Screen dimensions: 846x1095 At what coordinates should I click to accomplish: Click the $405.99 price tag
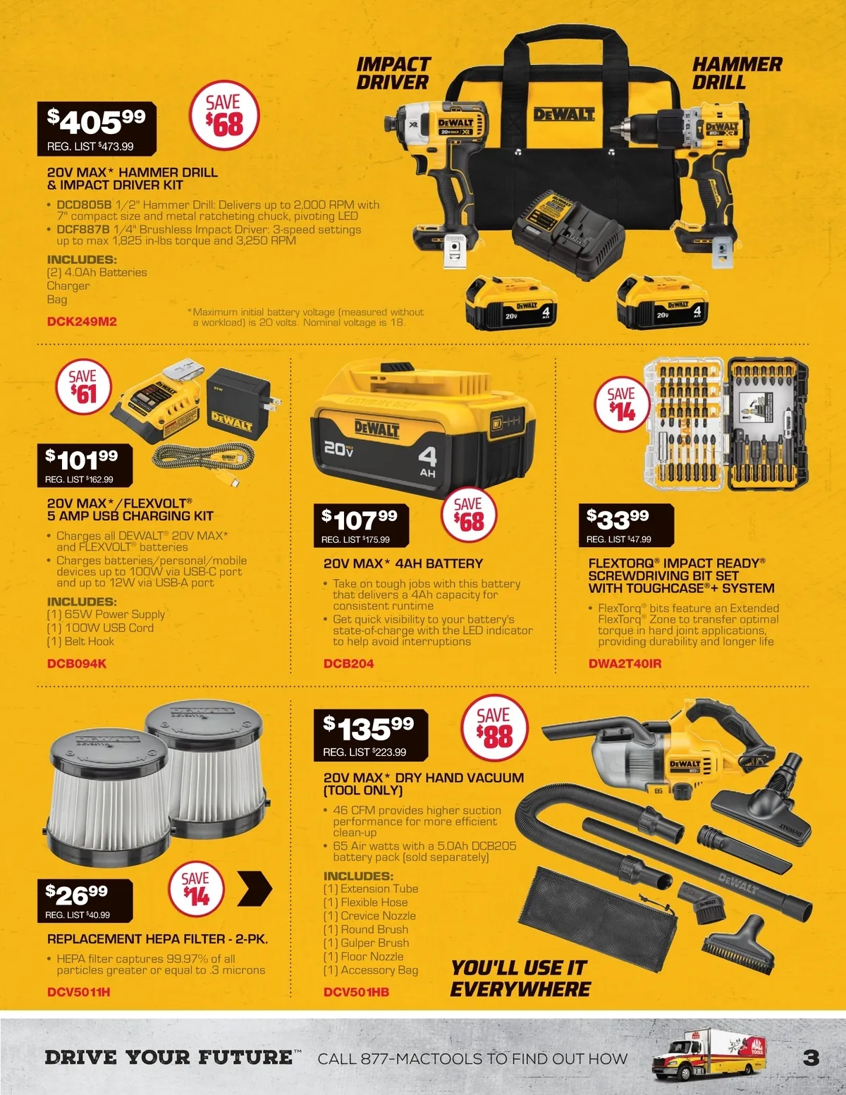point(97,128)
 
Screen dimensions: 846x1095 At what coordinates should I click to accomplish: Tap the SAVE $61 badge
point(83,386)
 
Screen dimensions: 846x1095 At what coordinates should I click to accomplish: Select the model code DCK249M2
point(82,322)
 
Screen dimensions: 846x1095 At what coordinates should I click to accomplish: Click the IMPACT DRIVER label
point(393,73)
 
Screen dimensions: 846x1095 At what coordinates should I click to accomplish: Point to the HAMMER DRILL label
point(737,73)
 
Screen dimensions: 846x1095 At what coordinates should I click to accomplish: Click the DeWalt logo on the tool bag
point(564,114)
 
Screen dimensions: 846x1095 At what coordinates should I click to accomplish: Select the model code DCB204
point(349,663)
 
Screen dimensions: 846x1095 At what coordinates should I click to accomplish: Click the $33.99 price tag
point(626,525)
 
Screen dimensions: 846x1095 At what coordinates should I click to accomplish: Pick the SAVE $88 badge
point(494,728)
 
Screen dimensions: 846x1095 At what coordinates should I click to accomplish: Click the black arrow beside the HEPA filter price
point(255,888)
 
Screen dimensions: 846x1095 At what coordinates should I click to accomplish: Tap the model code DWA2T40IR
point(625,663)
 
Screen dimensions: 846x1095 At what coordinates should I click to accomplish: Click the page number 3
point(811,1058)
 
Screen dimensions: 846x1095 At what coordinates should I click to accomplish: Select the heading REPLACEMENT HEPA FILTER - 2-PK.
point(157,938)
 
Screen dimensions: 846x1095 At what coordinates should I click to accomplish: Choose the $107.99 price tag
point(361,525)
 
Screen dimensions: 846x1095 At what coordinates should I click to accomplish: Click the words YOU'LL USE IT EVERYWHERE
point(520,978)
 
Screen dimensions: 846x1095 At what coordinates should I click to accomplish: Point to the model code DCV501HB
point(356,992)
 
